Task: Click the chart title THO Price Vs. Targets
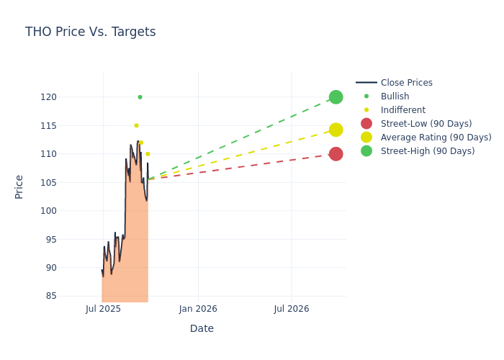[x=90, y=32]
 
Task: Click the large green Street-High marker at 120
[x=336, y=97]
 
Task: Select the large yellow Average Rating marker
[x=336, y=130]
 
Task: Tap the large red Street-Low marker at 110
[x=336, y=154]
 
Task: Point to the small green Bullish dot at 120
[x=140, y=97]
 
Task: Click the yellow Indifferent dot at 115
[x=136, y=125]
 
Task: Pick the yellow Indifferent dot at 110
[x=148, y=154]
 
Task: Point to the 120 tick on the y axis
[x=68, y=97]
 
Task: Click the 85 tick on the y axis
[x=71, y=296]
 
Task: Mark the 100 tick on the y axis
[x=68, y=211]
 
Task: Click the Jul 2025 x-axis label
[x=103, y=309]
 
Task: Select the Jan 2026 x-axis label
[x=198, y=309]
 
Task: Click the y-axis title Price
[x=19, y=186]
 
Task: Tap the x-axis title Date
[x=202, y=328]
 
